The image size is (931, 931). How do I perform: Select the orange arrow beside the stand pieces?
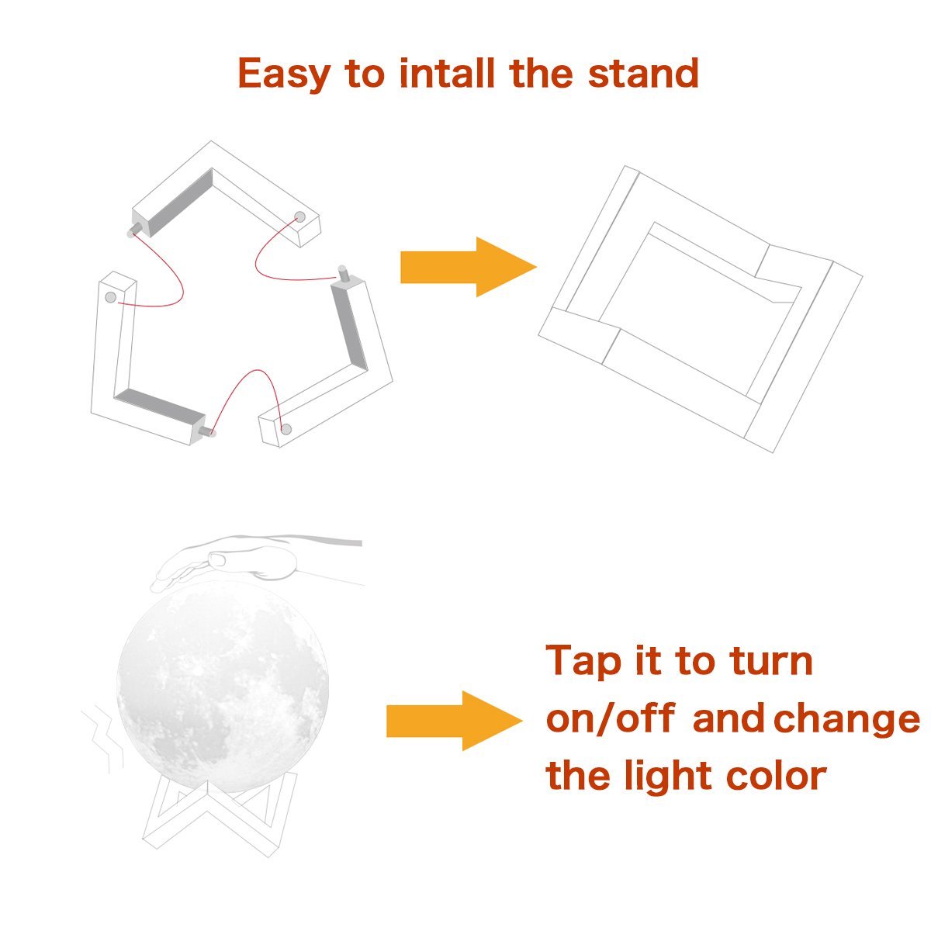(x=468, y=267)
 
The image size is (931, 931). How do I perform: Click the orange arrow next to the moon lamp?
(x=454, y=720)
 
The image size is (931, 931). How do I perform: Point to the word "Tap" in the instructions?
(x=583, y=663)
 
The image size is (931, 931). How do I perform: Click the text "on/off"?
(x=611, y=719)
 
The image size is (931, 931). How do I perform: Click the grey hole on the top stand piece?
(x=300, y=216)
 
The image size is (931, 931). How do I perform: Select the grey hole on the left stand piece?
(x=111, y=297)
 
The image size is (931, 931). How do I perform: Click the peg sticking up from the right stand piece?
(x=344, y=273)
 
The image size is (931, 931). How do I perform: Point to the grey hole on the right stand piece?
(x=286, y=429)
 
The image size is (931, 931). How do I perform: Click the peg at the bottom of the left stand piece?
(x=208, y=431)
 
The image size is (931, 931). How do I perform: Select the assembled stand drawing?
(x=701, y=310)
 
